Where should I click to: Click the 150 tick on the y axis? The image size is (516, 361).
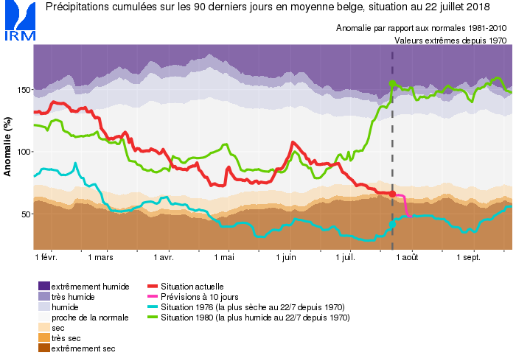pyautogui.click(x=24, y=90)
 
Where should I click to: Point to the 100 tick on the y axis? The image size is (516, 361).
pyautogui.click(x=24, y=152)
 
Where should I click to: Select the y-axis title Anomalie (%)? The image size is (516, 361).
pyautogui.click(x=8, y=148)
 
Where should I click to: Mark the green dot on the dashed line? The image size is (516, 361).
pyautogui.click(x=392, y=83)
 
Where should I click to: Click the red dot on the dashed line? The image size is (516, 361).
pyautogui.click(x=392, y=194)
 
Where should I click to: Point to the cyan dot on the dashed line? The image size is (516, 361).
pyautogui.click(x=392, y=224)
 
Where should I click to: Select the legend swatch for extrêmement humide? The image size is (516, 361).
pyautogui.click(x=43, y=286)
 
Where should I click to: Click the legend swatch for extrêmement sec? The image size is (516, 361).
pyautogui.click(x=43, y=348)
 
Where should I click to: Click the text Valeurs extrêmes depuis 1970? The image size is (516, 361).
pyautogui.click(x=450, y=41)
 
